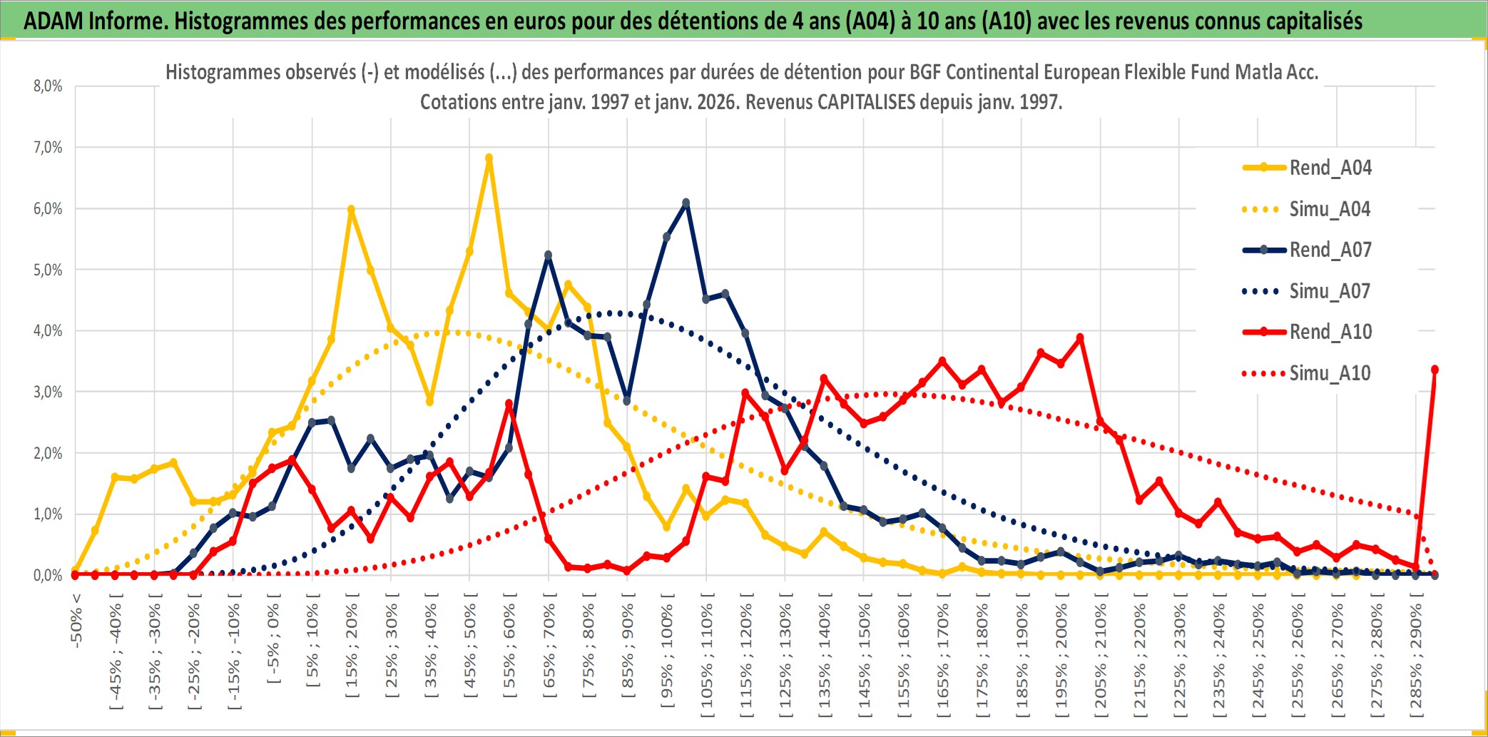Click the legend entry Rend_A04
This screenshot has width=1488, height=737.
pos(1330,168)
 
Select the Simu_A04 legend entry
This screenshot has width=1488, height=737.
pos(1330,209)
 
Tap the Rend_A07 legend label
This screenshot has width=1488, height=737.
pos(1330,250)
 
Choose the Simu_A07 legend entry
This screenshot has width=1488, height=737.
pos(1330,291)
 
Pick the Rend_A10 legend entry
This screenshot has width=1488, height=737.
pos(1330,332)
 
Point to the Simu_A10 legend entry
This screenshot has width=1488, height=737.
pos(1330,373)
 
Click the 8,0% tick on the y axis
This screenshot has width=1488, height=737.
pos(48,86)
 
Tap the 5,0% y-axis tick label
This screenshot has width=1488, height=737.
pos(48,270)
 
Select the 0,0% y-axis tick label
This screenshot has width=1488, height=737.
pos(48,575)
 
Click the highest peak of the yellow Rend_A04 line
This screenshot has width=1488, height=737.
pos(489,158)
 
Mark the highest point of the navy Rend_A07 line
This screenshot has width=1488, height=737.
pos(686,203)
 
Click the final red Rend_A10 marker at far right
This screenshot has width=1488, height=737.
pos(1435,370)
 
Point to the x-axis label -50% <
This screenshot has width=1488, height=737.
pos(76,620)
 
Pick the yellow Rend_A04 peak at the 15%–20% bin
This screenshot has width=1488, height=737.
pos(351,210)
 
